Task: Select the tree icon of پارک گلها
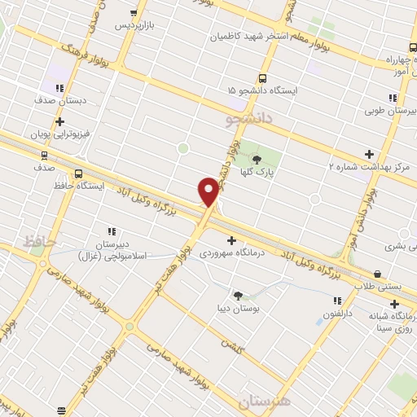[258, 159]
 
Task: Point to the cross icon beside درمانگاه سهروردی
[233, 240]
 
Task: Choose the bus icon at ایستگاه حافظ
[79, 173]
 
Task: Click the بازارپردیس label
[134, 25]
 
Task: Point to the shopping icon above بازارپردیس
[134, 13]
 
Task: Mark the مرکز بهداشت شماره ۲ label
[370, 165]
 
